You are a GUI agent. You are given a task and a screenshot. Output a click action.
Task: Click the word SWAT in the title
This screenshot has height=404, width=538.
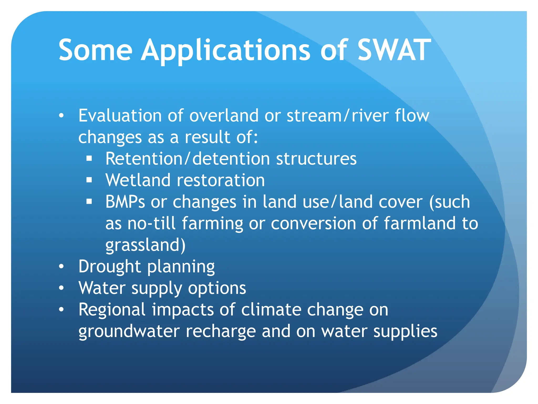(394, 50)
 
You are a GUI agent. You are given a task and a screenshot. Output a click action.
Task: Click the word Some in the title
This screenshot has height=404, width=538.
(95, 50)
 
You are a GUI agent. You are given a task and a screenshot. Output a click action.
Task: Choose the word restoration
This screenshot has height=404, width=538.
(221, 180)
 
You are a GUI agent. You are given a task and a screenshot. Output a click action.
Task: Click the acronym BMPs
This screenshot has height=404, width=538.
(125, 202)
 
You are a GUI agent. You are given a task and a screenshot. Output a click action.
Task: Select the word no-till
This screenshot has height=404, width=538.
(151, 224)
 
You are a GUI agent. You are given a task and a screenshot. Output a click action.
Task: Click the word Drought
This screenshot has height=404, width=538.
(110, 267)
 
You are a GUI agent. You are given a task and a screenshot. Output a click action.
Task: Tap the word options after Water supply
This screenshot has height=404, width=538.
(217, 288)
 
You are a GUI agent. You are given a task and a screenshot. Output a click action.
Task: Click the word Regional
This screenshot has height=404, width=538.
(112, 310)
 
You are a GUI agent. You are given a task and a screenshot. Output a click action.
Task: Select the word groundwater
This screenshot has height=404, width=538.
(129, 331)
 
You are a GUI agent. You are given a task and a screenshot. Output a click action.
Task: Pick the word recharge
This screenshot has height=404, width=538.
(221, 331)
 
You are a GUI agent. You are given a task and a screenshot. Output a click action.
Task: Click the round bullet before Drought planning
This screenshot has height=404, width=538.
(61, 266)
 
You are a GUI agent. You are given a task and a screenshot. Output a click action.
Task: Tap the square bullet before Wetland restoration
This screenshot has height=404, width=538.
(89, 180)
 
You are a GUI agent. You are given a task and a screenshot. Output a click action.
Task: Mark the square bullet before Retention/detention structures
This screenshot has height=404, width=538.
(89, 159)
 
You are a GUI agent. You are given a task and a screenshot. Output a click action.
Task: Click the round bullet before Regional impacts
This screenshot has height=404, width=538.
(61, 310)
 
